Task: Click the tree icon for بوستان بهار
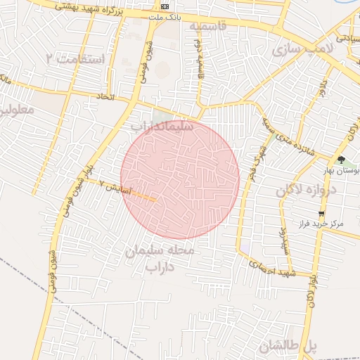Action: click(341, 161)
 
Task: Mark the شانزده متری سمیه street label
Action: click(288, 134)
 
